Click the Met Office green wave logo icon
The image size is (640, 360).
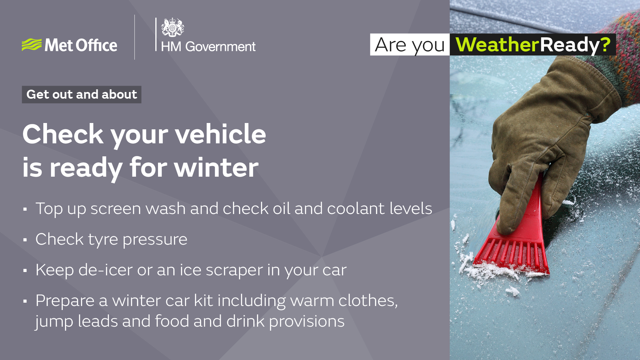coord(32,45)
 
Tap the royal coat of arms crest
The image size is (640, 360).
coord(172,27)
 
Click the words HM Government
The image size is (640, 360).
coord(208,47)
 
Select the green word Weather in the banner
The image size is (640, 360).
coord(497,45)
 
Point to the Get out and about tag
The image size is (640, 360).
coord(82,95)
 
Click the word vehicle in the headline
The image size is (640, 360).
coord(220,134)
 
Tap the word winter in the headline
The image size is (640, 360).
coord(216,167)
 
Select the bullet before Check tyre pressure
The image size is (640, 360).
coord(25,240)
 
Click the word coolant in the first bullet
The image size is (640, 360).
coord(356,209)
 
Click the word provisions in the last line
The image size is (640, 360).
coord(307,322)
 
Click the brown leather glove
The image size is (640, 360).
coord(547,133)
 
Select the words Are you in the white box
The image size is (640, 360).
coord(410,45)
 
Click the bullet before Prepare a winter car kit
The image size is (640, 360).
coord(25,301)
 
